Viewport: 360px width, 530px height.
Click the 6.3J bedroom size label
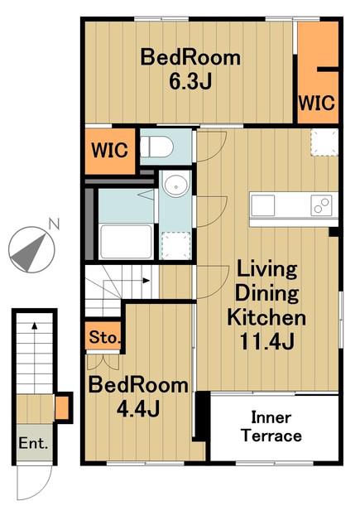coord(190,81)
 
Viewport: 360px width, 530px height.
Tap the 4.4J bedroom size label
coord(137,409)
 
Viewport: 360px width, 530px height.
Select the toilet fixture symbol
coord(156,147)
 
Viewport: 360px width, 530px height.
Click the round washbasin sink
coord(176,185)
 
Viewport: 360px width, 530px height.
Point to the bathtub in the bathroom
coord(127,241)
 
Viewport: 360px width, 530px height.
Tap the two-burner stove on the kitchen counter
coord(321,205)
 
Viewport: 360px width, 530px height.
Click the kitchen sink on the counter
coord(262,205)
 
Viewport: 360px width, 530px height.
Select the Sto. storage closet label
coord(105,337)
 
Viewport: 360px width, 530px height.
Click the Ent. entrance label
coord(33,443)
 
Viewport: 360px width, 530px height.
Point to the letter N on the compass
coord(54,224)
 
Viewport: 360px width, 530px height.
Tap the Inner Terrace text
coord(271,426)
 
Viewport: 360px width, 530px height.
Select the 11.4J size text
coord(266,341)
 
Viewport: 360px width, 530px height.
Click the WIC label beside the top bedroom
coord(317,103)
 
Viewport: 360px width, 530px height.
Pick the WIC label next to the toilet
coord(110,150)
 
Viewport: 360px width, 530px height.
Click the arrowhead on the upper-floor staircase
coord(146,280)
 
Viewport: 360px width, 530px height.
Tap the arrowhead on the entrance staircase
coord(35,325)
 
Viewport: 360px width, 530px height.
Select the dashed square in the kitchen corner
coord(324,142)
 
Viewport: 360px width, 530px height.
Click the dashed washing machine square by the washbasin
coord(175,246)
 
